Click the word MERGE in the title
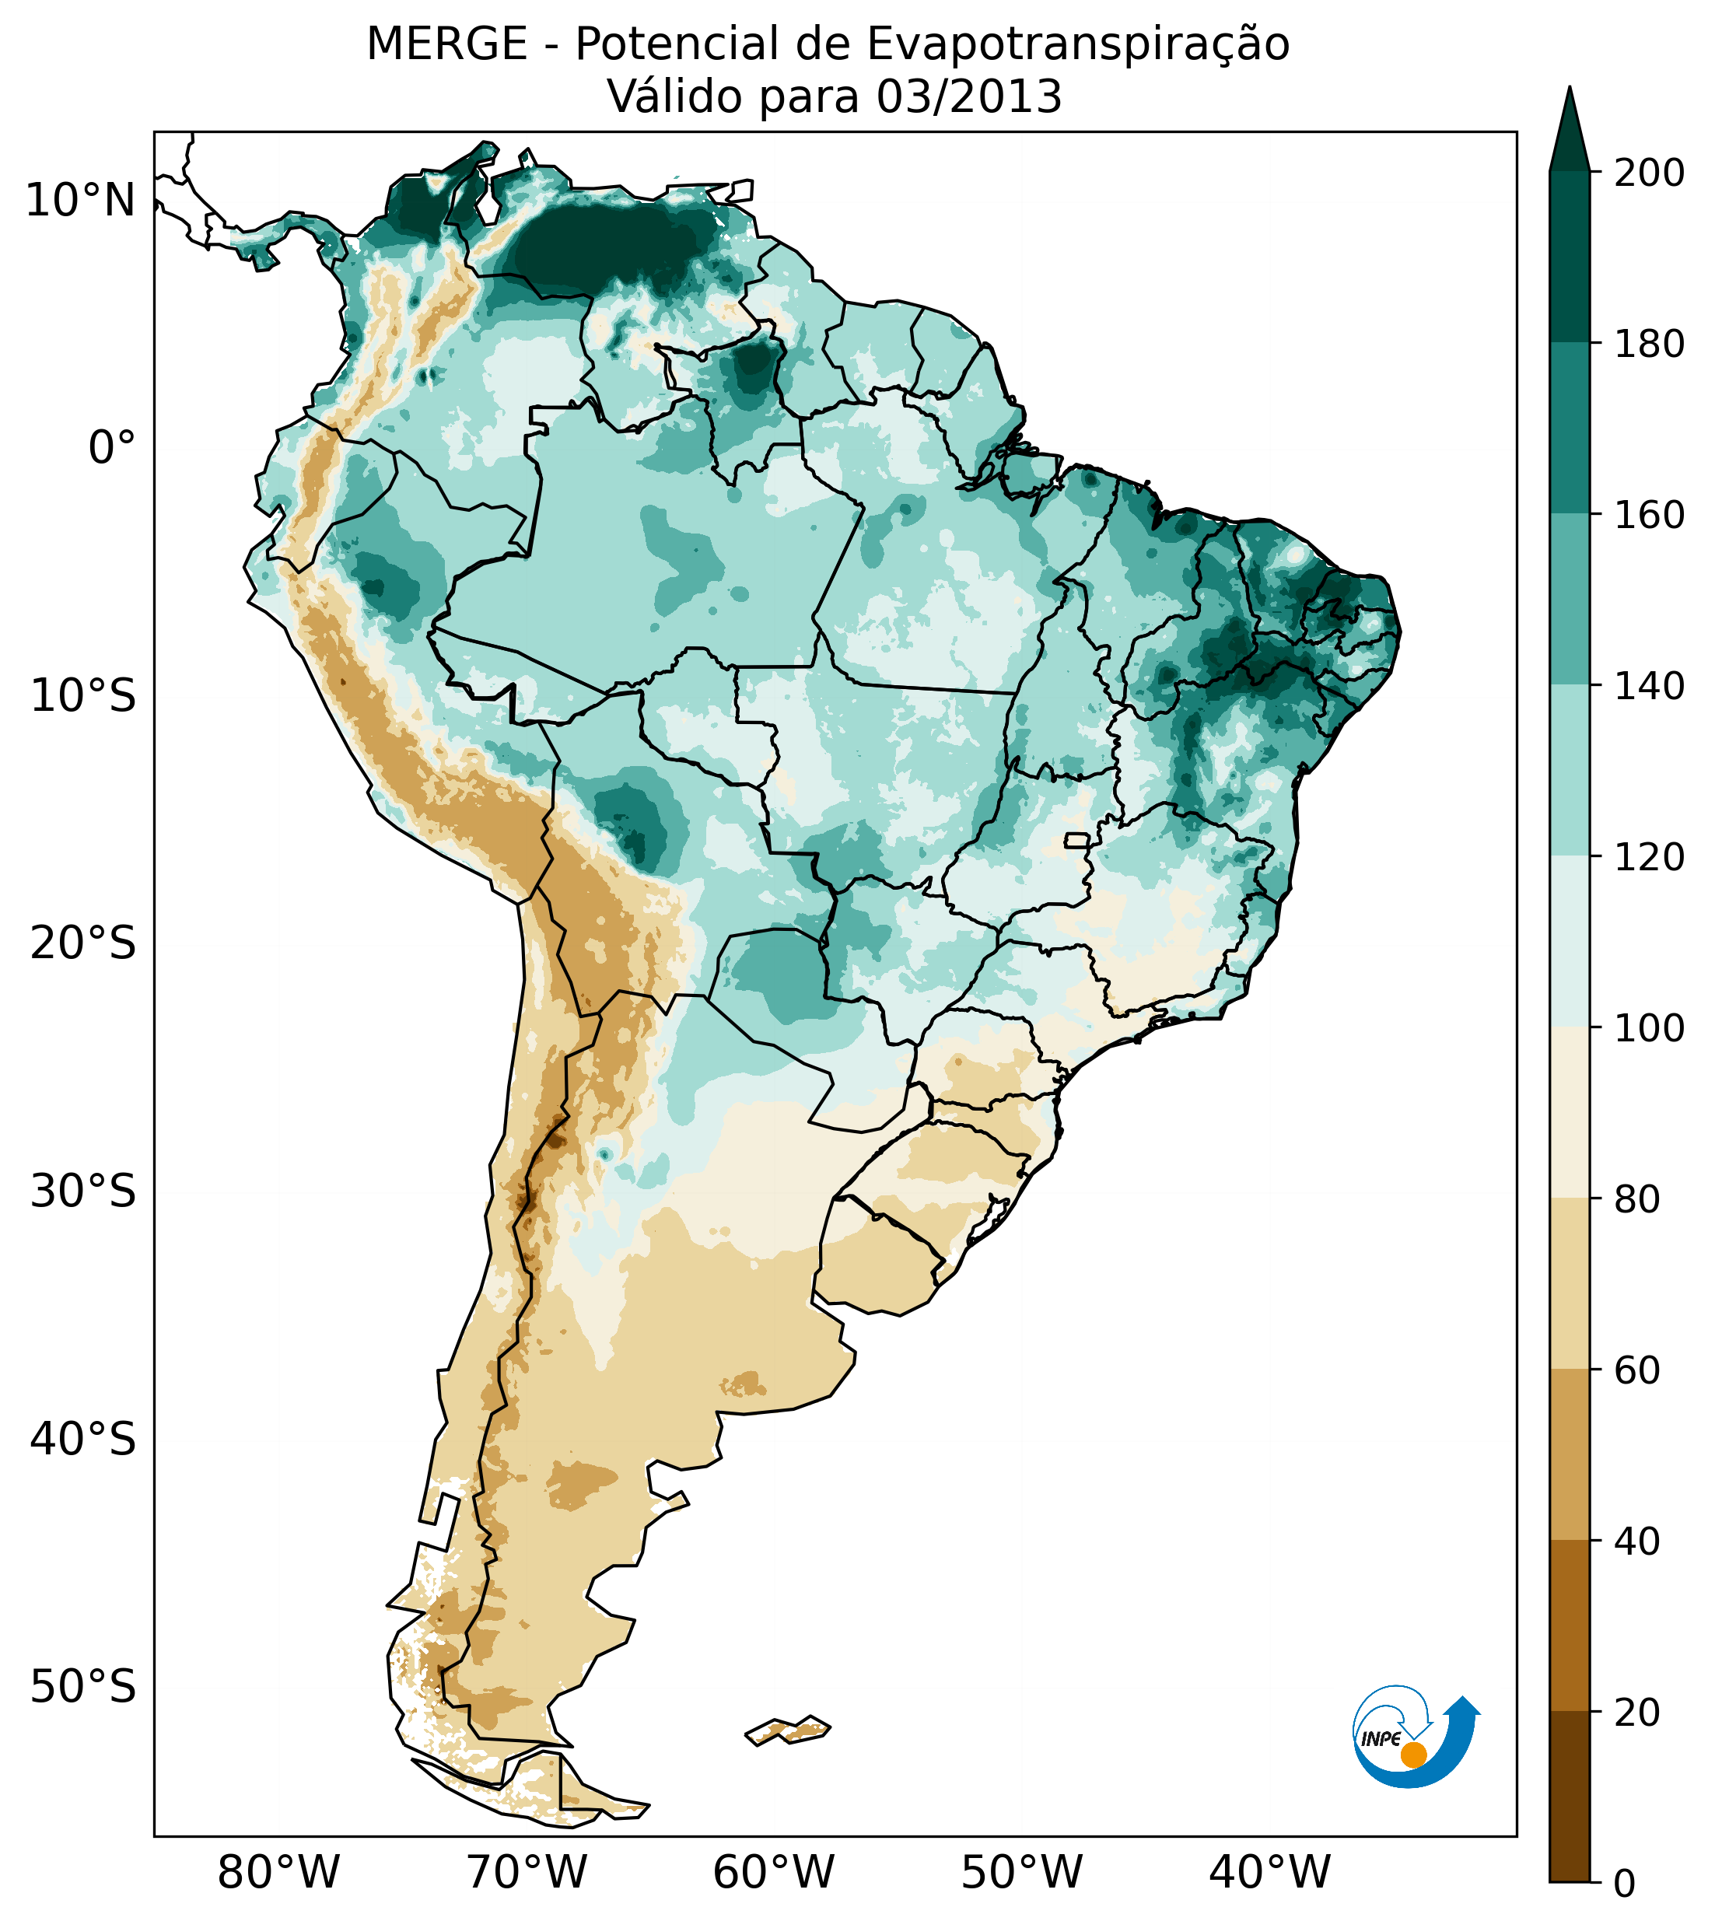(446, 44)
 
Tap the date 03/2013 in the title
(968, 97)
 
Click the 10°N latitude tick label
(81, 201)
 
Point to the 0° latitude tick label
(112, 448)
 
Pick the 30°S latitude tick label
(83, 1192)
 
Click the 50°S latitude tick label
(83, 1688)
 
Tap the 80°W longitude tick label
(278, 1873)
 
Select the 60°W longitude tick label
(773, 1873)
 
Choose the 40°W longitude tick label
(1269, 1873)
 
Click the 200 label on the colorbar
(1649, 173)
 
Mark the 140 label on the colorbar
(1649, 686)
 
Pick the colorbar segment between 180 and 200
(1570, 257)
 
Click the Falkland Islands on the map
(789, 1730)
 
